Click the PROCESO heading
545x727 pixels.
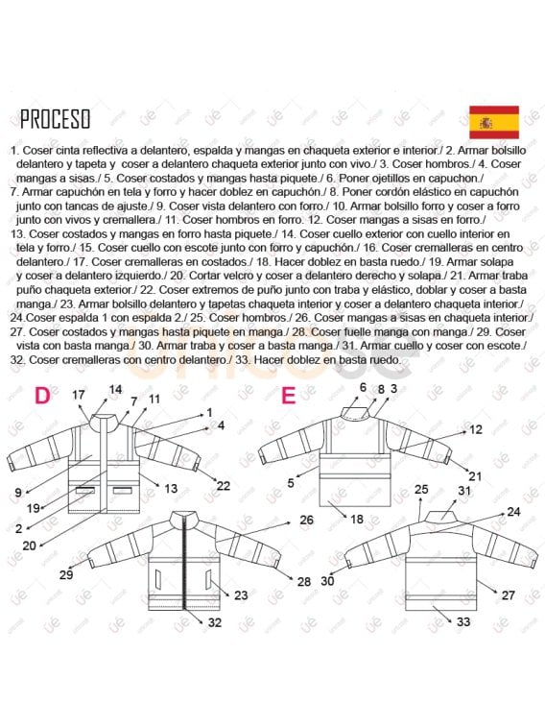pyautogui.click(x=56, y=119)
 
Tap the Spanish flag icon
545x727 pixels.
pyautogui.click(x=493, y=122)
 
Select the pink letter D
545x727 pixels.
pyautogui.click(x=42, y=395)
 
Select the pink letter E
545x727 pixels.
pyautogui.click(x=288, y=394)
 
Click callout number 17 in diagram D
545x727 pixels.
pyautogui.click(x=79, y=395)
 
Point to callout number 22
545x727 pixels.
pyautogui.click(x=223, y=486)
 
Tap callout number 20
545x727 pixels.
pyautogui.click(x=29, y=545)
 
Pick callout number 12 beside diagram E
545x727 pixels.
pyautogui.click(x=475, y=430)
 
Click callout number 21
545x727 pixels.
pyautogui.click(x=475, y=476)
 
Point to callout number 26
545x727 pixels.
pyautogui.click(x=306, y=520)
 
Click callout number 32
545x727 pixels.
pyautogui.click(x=214, y=622)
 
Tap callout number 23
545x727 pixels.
pyautogui.click(x=240, y=595)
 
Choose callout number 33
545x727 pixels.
pyautogui.click(x=463, y=622)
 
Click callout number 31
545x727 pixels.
pyautogui.click(x=464, y=491)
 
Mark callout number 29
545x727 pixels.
pyautogui.click(x=66, y=574)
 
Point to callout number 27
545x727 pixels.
pyautogui.click(x=508, y=595)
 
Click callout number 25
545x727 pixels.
pyautogui.click(x=420, y=490)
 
